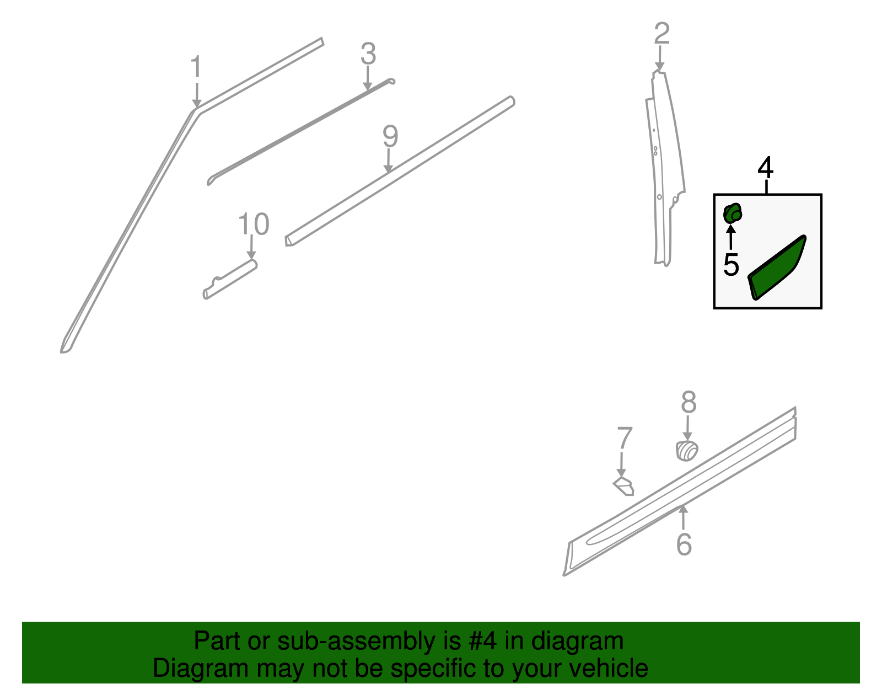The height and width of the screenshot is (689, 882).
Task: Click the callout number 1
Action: click(x=196, y=68)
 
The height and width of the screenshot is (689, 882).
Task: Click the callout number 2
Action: click(x=661, y=34)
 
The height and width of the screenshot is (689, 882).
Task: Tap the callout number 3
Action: click(x=368, y=54)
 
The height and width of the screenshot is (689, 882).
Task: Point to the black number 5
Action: click(x=731, y=265)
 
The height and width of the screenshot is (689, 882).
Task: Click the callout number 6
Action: click(x=684, y=544)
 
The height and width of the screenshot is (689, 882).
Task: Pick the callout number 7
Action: click(x=625, y=439)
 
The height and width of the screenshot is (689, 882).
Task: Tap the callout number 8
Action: click(x=689, y=403)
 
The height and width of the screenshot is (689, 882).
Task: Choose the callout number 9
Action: click(x=390, y=136)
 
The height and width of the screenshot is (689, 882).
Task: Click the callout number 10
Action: click(x=254, y=225)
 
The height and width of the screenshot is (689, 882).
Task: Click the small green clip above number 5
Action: click(x=732, y=213)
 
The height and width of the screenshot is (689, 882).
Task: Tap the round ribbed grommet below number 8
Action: click(x=687, y=451)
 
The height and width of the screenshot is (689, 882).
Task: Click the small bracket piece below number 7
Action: click(x=625, y=487)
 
